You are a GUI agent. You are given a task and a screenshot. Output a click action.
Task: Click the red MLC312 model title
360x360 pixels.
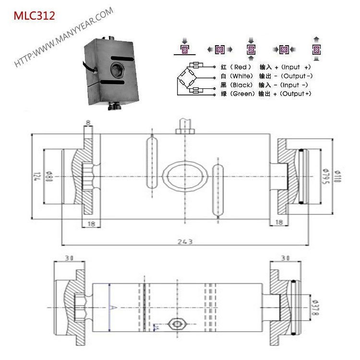[34, 16]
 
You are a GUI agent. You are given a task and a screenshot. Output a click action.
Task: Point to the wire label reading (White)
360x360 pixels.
[239, 76]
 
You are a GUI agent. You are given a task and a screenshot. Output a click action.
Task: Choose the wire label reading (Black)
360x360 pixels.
[239, 85]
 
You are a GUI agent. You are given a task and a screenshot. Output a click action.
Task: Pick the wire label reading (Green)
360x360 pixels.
[238, 94]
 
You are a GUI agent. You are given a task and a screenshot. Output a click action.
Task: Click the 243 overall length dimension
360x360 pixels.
[184, 241]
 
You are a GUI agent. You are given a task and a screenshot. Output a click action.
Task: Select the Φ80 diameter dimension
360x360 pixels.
[48, 177]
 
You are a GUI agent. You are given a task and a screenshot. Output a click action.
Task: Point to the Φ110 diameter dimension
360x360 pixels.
[337, 176]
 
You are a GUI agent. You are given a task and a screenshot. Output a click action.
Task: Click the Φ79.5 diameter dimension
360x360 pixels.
[325, 176]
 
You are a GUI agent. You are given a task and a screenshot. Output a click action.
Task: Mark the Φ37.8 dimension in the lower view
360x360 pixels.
[313, 302]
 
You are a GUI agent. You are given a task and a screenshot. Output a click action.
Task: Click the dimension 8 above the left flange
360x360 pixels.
[88, 122]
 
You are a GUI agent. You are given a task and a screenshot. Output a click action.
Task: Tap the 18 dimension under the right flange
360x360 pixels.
[279, 222]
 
